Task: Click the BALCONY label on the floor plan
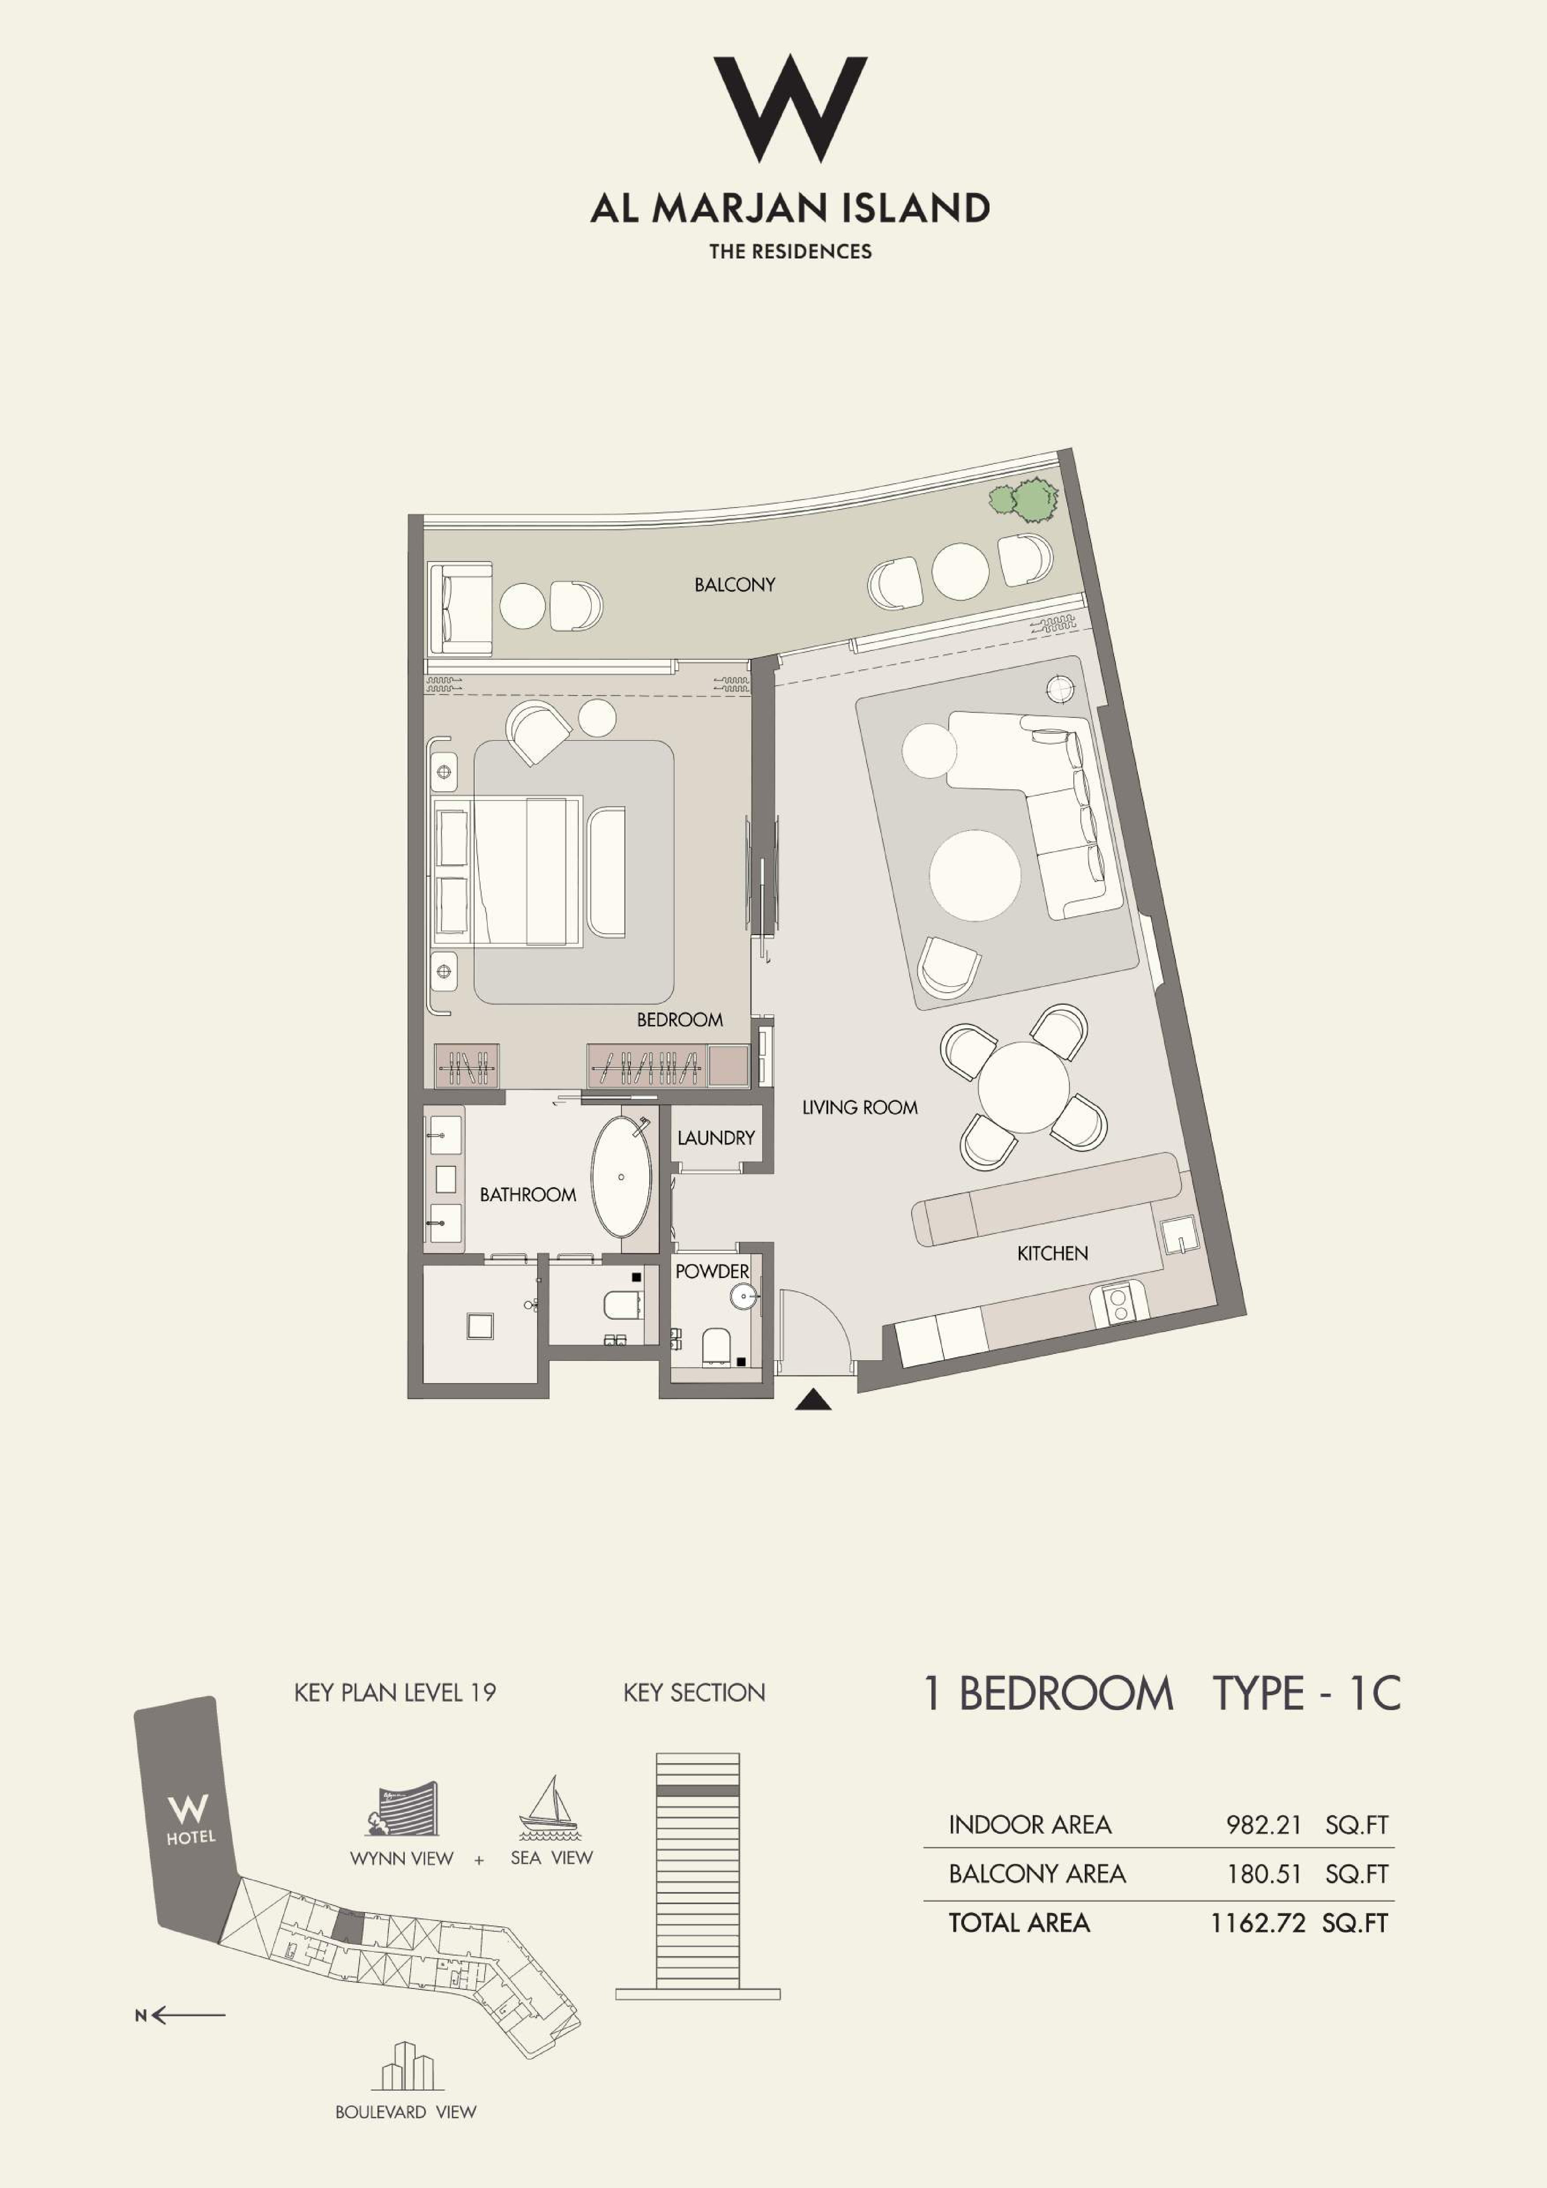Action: (734, 584)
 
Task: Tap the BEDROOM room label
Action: (679, 1020)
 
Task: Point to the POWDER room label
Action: (711, 1271)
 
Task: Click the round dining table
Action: (1023, 1087)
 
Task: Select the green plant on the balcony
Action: (1024, 499)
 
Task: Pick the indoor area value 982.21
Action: (1263, 1825)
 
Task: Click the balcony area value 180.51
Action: (1263, 1874)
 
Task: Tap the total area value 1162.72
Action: (1257, 1922)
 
